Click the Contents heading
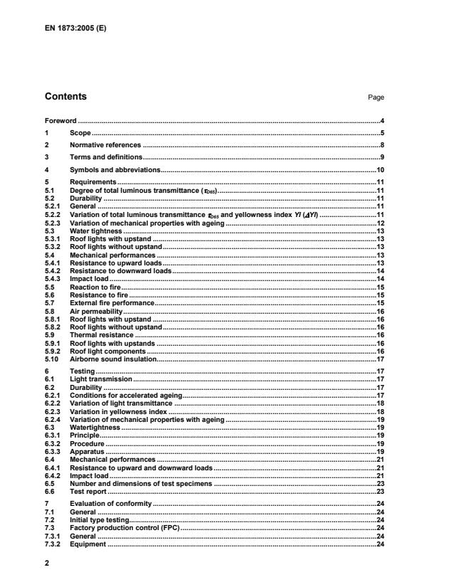65,97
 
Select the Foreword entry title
60,122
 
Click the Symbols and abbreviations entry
114,169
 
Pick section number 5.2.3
53,224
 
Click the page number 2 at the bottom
46,561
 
